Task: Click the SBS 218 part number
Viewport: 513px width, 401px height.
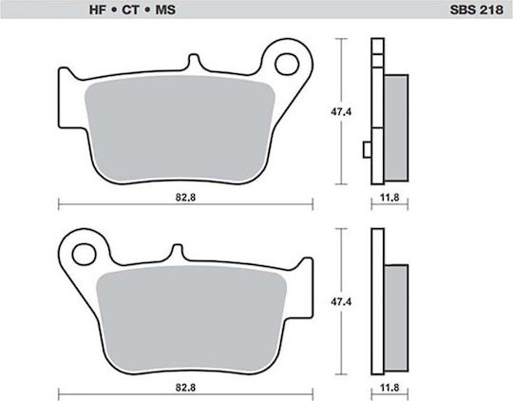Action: coord(476,10)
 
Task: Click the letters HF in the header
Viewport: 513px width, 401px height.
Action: coord(98,10)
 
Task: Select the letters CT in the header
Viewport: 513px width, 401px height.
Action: coord(130,10)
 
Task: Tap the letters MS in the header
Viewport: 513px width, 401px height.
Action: coord(165,10)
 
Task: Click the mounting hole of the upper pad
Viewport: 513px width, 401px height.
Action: coord(287,65)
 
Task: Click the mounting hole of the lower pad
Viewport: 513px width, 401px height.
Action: coord(85,254)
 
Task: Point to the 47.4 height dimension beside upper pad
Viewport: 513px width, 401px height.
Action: coord(341,111)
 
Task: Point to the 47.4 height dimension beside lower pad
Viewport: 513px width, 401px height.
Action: coord(341,301)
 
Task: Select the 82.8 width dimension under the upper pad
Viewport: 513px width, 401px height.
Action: coord(185,198)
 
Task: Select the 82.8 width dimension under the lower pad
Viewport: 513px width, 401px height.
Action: coord(185,388)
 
